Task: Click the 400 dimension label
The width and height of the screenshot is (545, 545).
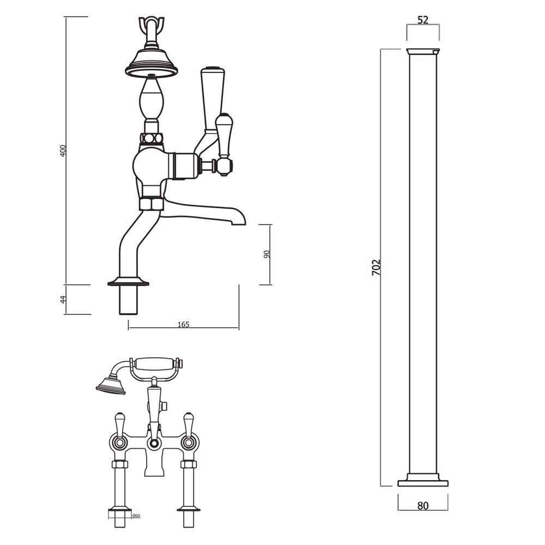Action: pos(63,151)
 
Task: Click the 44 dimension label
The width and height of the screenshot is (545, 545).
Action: pos(63,299)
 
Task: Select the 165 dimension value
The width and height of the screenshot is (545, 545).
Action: pos(184,324)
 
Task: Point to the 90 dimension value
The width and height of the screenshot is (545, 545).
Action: pos(267,255)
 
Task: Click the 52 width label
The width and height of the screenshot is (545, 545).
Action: pos(423,20)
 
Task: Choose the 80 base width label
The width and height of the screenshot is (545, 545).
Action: pos(423,506)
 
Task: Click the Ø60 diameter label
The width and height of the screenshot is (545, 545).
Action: pos(136,516)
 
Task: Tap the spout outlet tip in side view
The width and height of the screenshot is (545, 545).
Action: pos(239,220)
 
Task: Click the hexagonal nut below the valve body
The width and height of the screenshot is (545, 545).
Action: pos(152,204)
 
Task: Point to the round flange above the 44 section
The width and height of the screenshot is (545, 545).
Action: pos(129,282)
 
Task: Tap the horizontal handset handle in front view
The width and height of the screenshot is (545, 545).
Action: pos(154,364)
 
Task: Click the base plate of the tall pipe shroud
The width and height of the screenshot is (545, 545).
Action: pos(423,483)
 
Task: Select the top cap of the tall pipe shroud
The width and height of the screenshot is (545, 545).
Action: pos(423,52)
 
